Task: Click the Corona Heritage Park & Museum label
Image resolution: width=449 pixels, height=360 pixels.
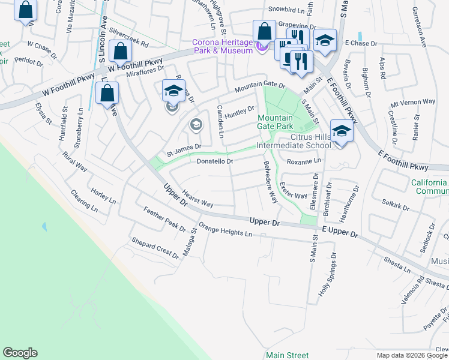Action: (x=222, y=46)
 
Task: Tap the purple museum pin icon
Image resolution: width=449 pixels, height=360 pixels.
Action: (x=260, y=46)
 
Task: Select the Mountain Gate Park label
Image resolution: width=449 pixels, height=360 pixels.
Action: (x=276, y=122)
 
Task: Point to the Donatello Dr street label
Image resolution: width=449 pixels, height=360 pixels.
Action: (x=214, y=161)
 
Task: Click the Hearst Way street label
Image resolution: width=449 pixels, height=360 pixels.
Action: (x=198, y=199)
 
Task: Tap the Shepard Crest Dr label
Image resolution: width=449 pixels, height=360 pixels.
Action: (x=155, y=248)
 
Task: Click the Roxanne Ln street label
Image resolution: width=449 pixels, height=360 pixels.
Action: (x=304, y=161)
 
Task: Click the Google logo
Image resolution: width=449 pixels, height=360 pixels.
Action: (x=20, y=353)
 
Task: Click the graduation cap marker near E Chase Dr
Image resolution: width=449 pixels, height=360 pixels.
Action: (x=325, y=40)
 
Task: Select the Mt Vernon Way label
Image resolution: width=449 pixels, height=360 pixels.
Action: (x=412, y=102)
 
